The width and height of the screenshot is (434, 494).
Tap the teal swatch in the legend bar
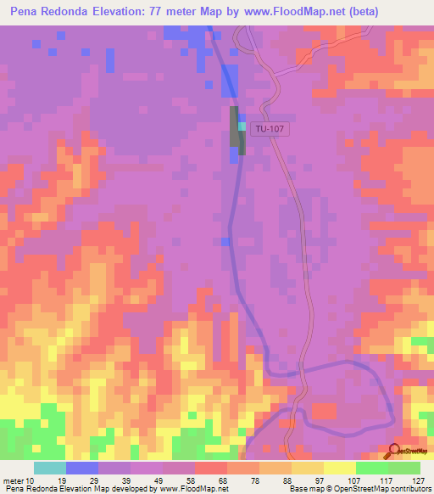(50, 468)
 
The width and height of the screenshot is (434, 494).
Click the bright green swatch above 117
(371, 468)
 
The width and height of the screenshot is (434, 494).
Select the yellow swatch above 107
(339, 468)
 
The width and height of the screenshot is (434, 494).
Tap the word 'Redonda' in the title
(71, 11)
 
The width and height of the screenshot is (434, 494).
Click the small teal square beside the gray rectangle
(242, 126)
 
